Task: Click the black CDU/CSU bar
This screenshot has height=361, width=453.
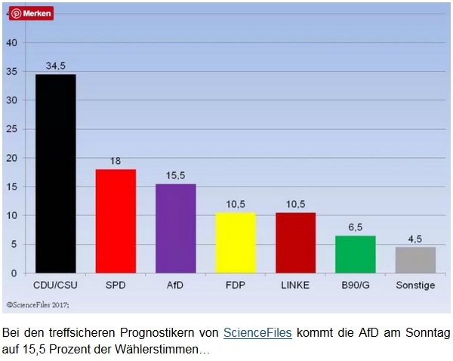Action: [x=55, y=173]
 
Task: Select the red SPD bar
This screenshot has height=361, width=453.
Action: [x=116, y=221]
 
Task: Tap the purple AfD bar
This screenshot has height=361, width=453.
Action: [x=175, y=228]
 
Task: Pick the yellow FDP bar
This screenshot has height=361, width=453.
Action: [x=236, y=242]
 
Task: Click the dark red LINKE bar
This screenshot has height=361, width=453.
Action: [x=295, y=242]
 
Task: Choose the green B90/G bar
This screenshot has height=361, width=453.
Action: [x=355, y=254]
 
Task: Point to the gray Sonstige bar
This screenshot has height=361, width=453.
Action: [x=415, y=259]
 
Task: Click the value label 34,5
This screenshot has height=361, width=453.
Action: [x=55, y=66]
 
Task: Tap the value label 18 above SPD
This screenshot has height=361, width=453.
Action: [x=116, y=162]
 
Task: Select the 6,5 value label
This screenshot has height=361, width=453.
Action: [x=355, y=227]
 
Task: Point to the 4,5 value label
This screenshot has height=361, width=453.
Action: [x=415, y=239]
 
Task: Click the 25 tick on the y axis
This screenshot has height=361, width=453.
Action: [x=11, y=129]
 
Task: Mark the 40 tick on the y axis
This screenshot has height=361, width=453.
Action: [x=11, y=42]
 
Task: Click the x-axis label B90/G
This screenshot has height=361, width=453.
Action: [x=355, y=285]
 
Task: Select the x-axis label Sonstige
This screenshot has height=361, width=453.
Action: [x=415, y=285]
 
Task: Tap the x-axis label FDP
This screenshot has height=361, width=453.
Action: [x=236, y=285]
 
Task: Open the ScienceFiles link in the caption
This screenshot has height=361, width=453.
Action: [x=257, y=332]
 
